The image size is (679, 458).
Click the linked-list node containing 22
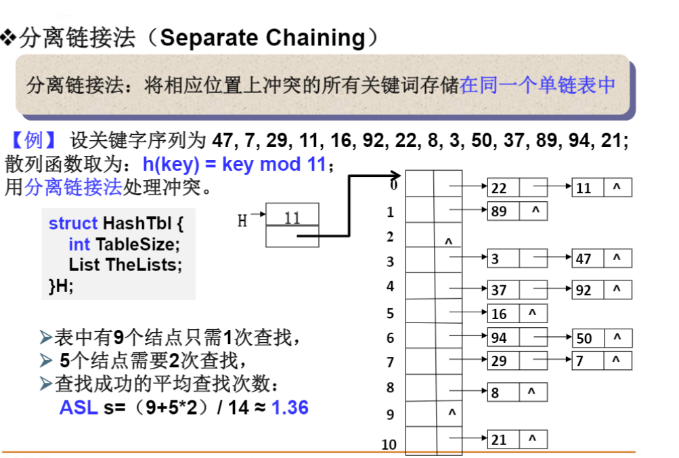(x=517, y=188)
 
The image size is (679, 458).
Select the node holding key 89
(x=517, y=211)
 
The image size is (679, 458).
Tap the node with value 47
(x=602, y=258)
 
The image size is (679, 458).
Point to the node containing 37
(x=517, y=290)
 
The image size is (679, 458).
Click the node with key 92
(x=602, y=290)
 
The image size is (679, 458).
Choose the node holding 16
(x=517, y=313)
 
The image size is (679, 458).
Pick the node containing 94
(x=517, y=337)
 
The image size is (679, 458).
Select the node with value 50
(x=602, y=337)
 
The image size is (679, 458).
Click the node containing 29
(x=517, y=360)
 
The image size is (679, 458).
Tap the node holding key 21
(x=517, y=440)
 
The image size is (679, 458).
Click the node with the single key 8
(x=517, y=392)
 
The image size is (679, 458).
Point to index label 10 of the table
(x=389, y=444)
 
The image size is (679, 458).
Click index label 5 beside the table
(x=390, y=313)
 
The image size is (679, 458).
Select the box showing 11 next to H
(x=292, y=218)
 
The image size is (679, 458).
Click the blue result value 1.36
(x=290, y=407)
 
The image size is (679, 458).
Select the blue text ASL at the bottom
(x=79, y=407)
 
